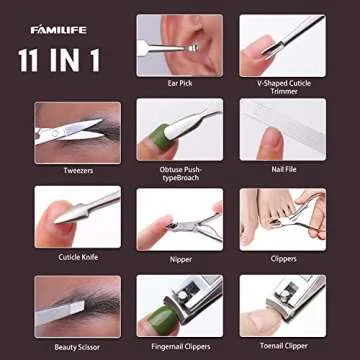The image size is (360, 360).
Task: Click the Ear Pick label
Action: coord(180,83)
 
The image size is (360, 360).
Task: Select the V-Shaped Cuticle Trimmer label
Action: coord(282,87)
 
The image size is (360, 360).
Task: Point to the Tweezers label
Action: coord(77,169)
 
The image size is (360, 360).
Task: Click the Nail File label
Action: coord(282,169)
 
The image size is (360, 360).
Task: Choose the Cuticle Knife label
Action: coord(77,257)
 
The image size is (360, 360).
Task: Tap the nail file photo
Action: coord(282,130)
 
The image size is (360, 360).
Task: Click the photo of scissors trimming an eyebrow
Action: coord(77,130)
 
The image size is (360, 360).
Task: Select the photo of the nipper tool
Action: coord(180,218)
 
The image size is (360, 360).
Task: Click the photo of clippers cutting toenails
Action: coord(282,218)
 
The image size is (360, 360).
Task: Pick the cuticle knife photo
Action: coord(77,218)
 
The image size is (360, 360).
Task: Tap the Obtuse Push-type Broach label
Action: coord(180,173)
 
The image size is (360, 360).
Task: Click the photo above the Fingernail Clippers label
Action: coord(180,305)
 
